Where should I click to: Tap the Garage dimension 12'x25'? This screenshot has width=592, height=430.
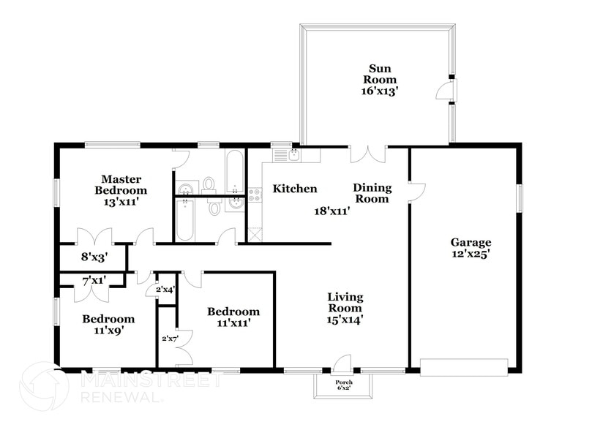(x=470, y=255)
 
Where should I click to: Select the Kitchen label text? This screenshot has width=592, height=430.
(x=295, y=189)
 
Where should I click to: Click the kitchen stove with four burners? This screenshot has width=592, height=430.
(x=255, y=195)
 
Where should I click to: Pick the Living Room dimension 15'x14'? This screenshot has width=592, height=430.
(x=345, y=320)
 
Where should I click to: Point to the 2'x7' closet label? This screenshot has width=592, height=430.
(x=169, y=339)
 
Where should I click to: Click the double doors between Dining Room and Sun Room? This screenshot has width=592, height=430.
(x=367, y=154)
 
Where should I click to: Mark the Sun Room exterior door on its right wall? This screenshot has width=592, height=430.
(x=444, y=90)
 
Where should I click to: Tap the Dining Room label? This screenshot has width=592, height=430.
(x=372, y=193)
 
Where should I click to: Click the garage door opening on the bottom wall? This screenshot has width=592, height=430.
(x=464, y=366)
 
